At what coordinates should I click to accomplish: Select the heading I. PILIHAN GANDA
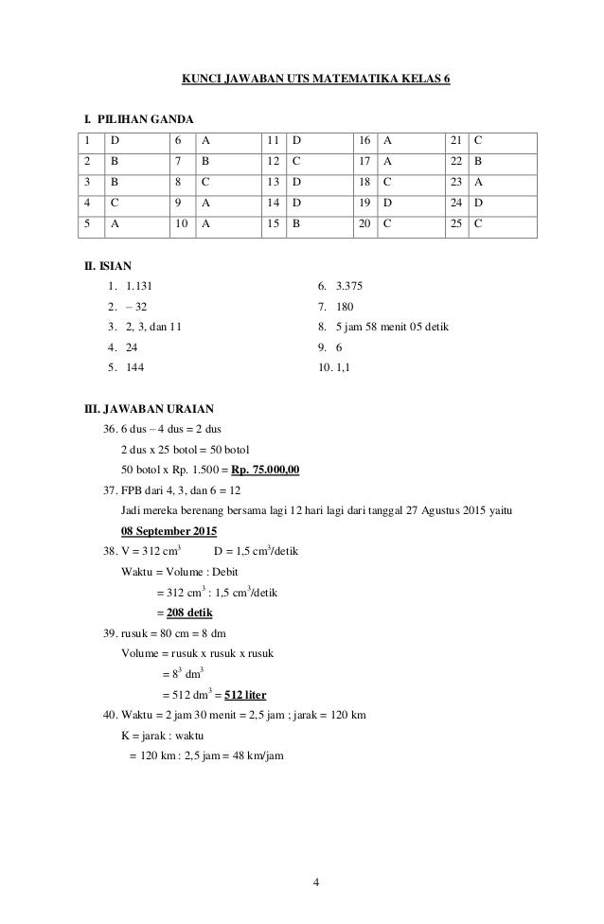click(137, 120)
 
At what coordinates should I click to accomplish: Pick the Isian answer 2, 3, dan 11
click(154, 328)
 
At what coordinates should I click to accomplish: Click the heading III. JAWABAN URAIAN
click(150, 410)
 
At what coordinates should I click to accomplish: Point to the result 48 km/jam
click(258, 755)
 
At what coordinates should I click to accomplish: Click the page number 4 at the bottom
click(316, 884)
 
